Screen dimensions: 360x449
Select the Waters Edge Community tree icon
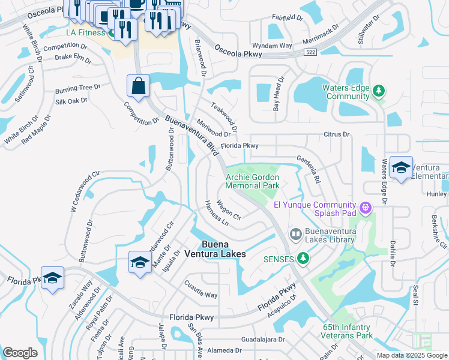[x=378, y=91]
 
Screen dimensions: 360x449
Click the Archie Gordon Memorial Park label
[x=253, y=182]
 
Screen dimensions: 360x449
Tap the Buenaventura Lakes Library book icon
[x=295, y=233]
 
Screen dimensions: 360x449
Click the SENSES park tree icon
[x=304, y=259]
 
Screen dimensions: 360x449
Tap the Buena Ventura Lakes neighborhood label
[x=223, y=249]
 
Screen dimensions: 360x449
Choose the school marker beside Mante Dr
[x=140, y=263]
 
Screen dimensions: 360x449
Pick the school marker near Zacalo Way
[x=52, y=278]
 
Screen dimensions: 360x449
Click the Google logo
[x=20, y=352]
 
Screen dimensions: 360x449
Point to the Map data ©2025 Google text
[x=411, y=355]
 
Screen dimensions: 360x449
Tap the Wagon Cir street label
[x=229, y=211]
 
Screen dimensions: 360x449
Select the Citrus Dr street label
[x=336, y=134]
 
